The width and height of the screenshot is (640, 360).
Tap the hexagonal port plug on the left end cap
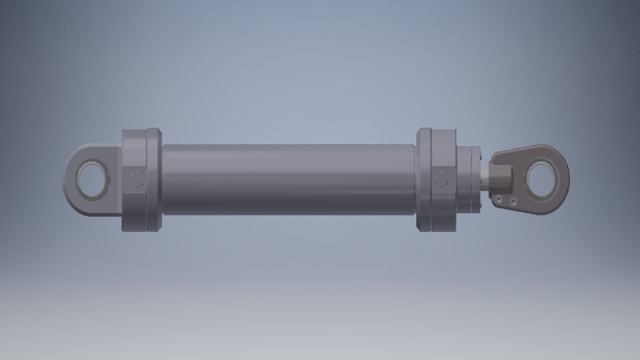(136, 180)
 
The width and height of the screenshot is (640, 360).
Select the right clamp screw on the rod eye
(514, 202)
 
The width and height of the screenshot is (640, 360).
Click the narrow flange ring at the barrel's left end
(154, 180)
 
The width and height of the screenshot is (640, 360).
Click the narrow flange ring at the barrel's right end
(424, 180)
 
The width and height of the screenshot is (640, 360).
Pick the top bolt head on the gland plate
(481, 154)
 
